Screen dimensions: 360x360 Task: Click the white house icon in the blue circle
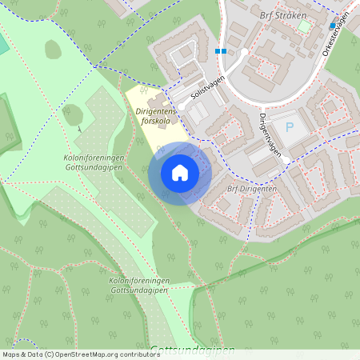[180, 173]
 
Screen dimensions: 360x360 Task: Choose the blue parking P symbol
[290, 128]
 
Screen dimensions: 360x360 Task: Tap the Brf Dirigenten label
[251, 189]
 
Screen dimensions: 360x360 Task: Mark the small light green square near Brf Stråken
[303, 26]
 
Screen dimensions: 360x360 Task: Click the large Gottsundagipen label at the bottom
[192, 350]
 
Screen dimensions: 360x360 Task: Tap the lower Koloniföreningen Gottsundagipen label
[138, 286]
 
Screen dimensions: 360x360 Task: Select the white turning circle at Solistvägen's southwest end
[182, 106]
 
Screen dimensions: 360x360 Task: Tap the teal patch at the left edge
[3, 44]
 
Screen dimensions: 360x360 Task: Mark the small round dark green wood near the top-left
[54, 50]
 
